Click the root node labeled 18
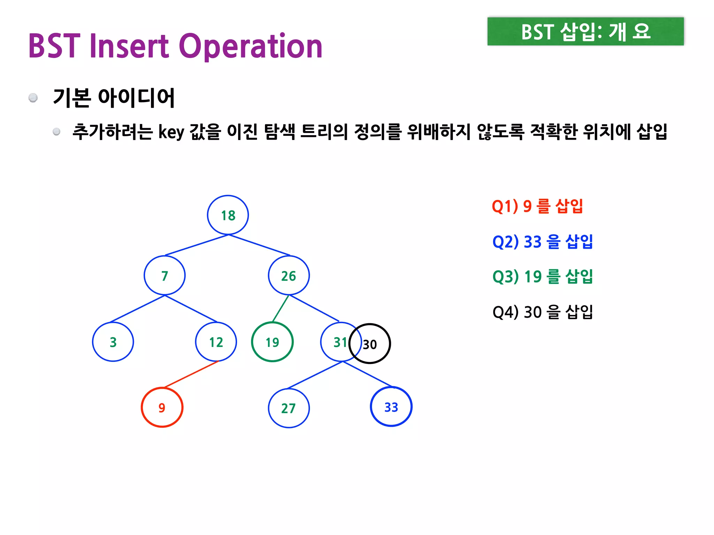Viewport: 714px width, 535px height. click(x=228, y=215)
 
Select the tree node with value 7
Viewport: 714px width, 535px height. click(x=165, y=276)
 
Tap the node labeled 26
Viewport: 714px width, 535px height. click(x=289, y=276)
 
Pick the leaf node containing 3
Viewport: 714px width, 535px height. click(x=113, y=342)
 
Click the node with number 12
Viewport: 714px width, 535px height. click(x=216, y=342)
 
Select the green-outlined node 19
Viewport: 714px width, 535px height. click(x=272, y=342)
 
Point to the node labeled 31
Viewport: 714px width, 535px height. click(x=336, y=342)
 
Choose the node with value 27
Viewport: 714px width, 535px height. click(x=289, y=408)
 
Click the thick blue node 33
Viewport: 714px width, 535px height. click(x=391, y=407)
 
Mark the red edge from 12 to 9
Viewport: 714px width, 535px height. click(x=191, y=374)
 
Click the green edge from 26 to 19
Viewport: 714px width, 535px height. click(x=281, y=308)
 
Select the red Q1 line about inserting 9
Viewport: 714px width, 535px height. click(x=537, y=206)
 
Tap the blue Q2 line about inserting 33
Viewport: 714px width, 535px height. click(x=542, y=242)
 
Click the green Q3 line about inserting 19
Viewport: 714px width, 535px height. click(x=542, y=277)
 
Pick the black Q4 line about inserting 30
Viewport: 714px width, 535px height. click(x=542, y=312)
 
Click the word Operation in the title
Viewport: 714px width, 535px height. click(x=251, y=46)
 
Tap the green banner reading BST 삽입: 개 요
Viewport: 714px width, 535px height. click(x=585, y=31)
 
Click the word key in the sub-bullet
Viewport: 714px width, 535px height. click(x=171, y=132)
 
